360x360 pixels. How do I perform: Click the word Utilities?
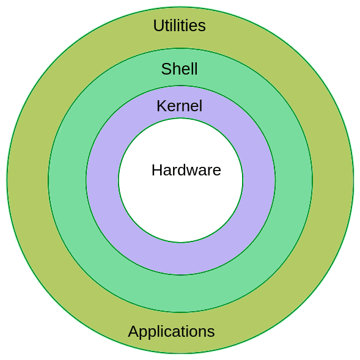(179, 26)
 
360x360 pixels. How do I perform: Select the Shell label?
(179, 68)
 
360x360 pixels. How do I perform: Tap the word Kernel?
(179, 106)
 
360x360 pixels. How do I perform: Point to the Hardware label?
(186, 170)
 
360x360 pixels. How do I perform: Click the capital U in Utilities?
(158, 26)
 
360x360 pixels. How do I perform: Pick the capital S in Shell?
(166, 68)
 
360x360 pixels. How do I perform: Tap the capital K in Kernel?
(161, 106)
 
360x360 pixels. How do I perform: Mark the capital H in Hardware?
(156, 170)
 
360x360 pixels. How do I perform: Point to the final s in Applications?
(211, 332)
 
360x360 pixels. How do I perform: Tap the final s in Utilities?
(202, 28)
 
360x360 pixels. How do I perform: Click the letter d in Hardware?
(183, 170)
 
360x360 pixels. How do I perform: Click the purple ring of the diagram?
(103, 180)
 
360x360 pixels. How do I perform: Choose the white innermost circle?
(180, 207)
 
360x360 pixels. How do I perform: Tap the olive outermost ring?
(28, 180)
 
